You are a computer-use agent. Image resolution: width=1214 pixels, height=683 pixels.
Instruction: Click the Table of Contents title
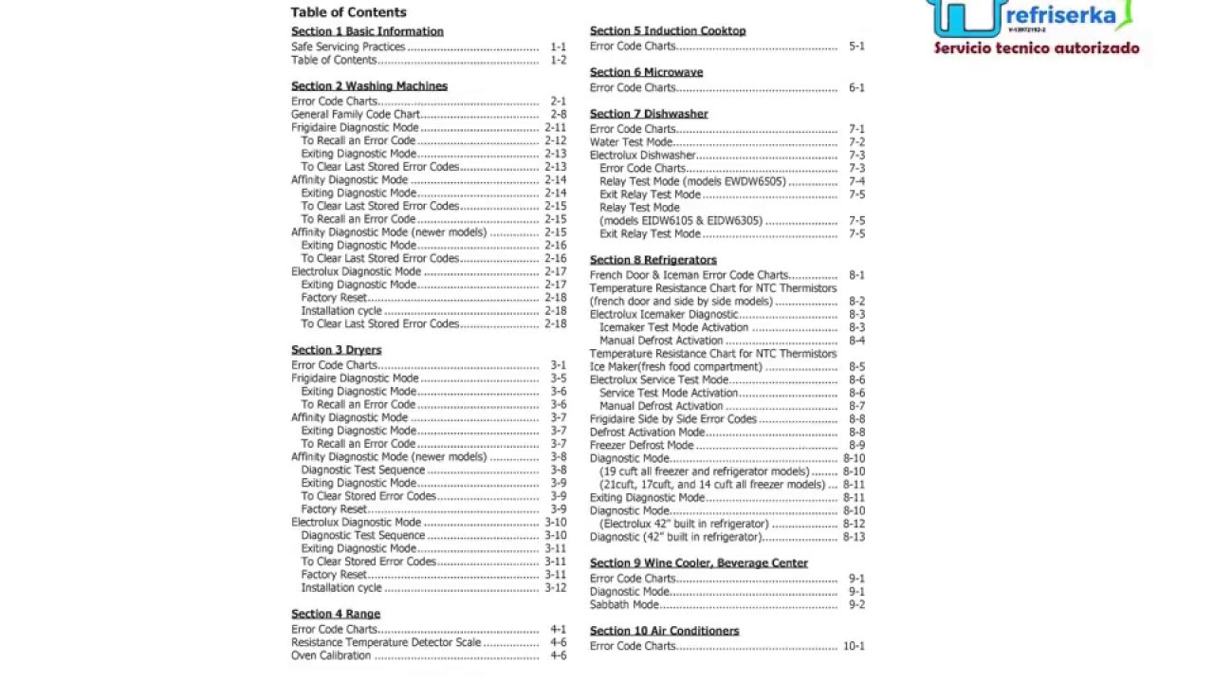click(348, 12)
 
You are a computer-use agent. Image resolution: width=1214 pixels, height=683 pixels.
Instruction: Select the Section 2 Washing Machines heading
click(369, 85)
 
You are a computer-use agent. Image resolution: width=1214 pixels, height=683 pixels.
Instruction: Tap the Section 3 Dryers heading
click(336, 350)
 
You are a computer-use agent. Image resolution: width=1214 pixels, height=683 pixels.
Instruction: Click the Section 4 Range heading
click(336, 614)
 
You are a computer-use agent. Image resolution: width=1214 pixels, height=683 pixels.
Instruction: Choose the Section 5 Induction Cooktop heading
click(668, 30)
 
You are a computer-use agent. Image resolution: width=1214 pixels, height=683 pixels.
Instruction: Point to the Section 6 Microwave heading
click(646, 72)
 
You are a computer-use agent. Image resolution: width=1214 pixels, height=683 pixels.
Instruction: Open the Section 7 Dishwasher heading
click(649, 114)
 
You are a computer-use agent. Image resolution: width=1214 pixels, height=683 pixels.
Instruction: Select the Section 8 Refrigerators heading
click(653, 260)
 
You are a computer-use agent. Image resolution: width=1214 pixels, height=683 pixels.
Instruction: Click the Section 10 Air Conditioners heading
click(664, 631)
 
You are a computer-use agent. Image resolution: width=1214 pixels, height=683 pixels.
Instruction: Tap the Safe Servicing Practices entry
click(348, 46)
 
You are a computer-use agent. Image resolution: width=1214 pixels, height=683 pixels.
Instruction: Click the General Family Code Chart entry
click(355, 115)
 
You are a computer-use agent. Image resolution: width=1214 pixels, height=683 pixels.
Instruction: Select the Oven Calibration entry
click(331, 655)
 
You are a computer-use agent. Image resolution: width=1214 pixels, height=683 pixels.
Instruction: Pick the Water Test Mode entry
click(631, 142)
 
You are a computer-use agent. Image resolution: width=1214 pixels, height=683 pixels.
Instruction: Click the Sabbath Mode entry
click(624, 604)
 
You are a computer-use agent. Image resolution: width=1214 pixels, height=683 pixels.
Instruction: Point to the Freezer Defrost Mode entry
click(641, 445)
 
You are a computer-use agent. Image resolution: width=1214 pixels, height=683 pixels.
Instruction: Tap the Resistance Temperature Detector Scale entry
click(386, 642)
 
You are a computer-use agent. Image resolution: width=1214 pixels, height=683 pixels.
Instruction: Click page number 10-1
click(854, 646)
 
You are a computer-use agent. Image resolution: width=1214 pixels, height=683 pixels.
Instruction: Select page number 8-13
click(854, 537)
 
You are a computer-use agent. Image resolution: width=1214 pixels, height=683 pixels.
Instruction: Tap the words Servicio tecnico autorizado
click(1037, 48)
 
